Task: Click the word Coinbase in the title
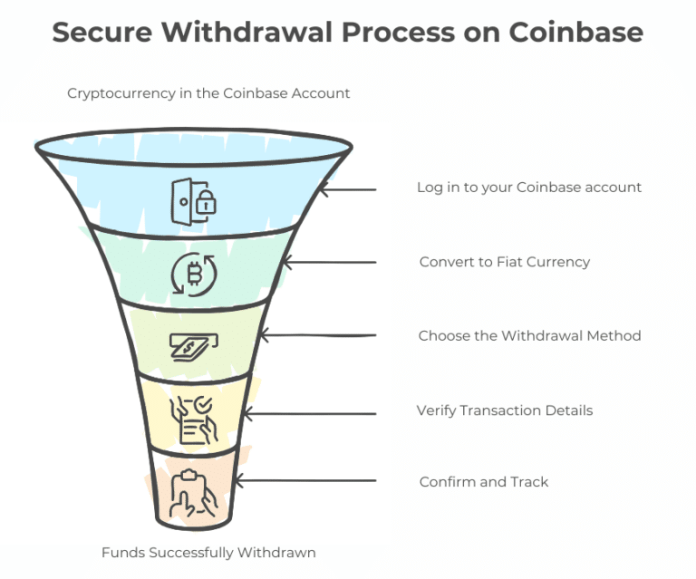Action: click(x=575, y=33)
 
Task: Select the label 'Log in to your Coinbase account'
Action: click(x=529, y=188)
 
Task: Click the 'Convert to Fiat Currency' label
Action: click(x=505, y=262)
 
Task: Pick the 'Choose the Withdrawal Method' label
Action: click(x=529, y=336)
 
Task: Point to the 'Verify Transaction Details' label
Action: click(x=505, y=410)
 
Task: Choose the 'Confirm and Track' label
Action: click(x=484, y=482)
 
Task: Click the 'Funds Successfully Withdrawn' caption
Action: click(x=208, y=552)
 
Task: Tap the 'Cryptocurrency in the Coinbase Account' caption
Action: click(x=208, y=93)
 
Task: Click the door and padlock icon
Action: click(x=194, y=200)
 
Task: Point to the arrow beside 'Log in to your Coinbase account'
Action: click(x=349, y=189)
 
